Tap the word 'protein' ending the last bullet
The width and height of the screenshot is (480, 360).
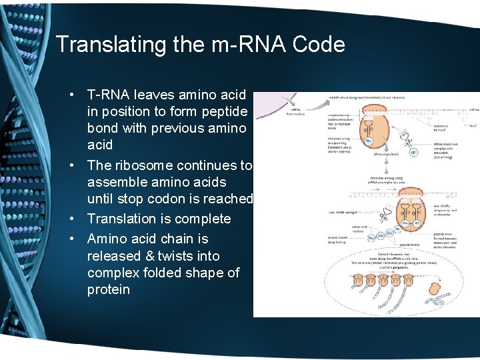tap(109, 290)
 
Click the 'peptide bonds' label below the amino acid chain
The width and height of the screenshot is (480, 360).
tap(401, 235)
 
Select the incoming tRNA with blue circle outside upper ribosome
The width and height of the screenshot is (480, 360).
tap(413, 151)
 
